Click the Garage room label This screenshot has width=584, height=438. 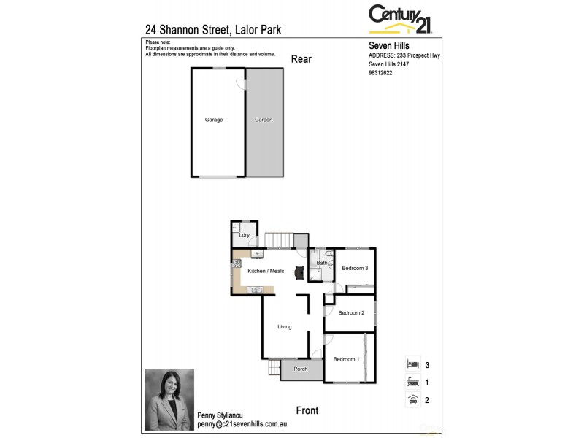coord(214,120)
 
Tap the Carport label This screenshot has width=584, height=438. coord(264,120)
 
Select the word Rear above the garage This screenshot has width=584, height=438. coord(301,59)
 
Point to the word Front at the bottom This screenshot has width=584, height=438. coord(307,410)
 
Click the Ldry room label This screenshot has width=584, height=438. coord(245,235)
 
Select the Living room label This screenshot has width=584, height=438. coord(285,326)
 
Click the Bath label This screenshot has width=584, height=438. coord(321,262)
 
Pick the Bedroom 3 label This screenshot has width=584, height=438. coord(355,269)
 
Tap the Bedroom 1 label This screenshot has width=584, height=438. coord(346,359)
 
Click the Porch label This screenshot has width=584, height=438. coord(301,369)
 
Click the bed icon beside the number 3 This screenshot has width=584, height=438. coord(412,364)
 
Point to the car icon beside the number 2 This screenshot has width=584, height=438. coord(412,399)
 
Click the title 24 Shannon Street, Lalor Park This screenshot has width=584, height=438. coord(213,30)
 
